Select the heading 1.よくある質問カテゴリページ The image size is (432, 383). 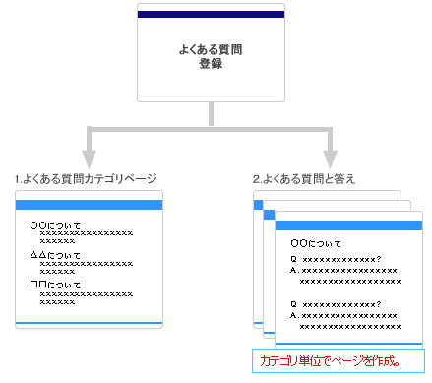click(x=87, y=178)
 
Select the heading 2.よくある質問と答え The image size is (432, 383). click(x=304, y=178)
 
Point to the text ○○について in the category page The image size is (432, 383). click(x=56, y=225)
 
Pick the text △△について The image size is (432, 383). click(x=56, y=256)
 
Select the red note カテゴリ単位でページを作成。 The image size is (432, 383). click(x=330, y=361)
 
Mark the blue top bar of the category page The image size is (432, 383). click(x=89, y=204)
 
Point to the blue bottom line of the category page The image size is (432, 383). click(x=89, y=322)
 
